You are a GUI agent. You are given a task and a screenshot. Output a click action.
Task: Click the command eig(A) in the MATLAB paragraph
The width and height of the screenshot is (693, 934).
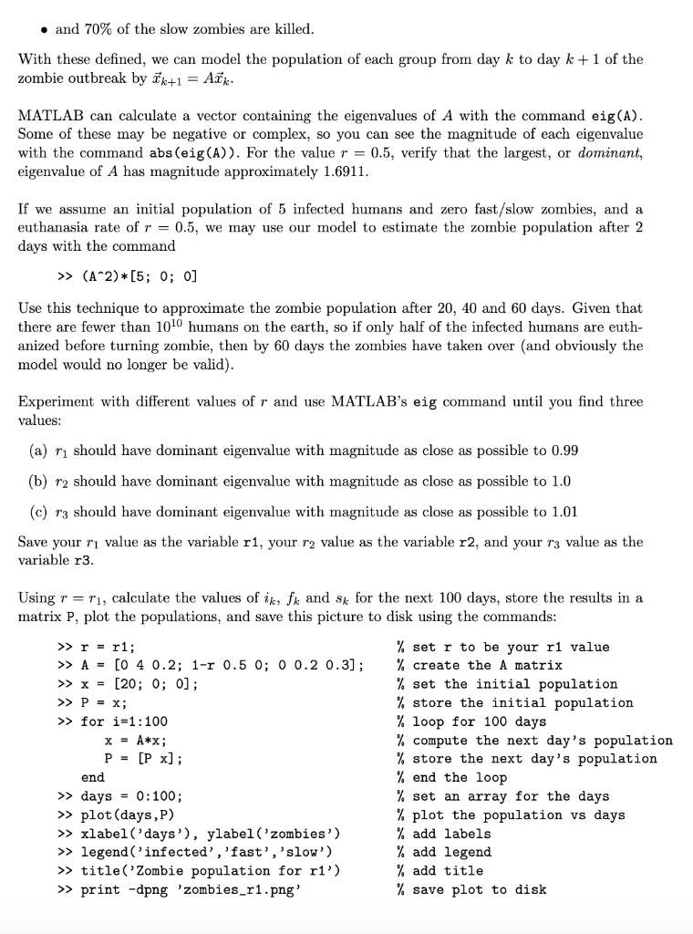coord(617,116)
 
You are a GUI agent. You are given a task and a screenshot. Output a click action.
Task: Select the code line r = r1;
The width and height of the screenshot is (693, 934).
coord(113,647)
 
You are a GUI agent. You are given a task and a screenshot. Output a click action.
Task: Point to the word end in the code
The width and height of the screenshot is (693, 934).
coord(93,777)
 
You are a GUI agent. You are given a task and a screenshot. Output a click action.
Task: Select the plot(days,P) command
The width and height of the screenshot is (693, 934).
coord(131,815)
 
